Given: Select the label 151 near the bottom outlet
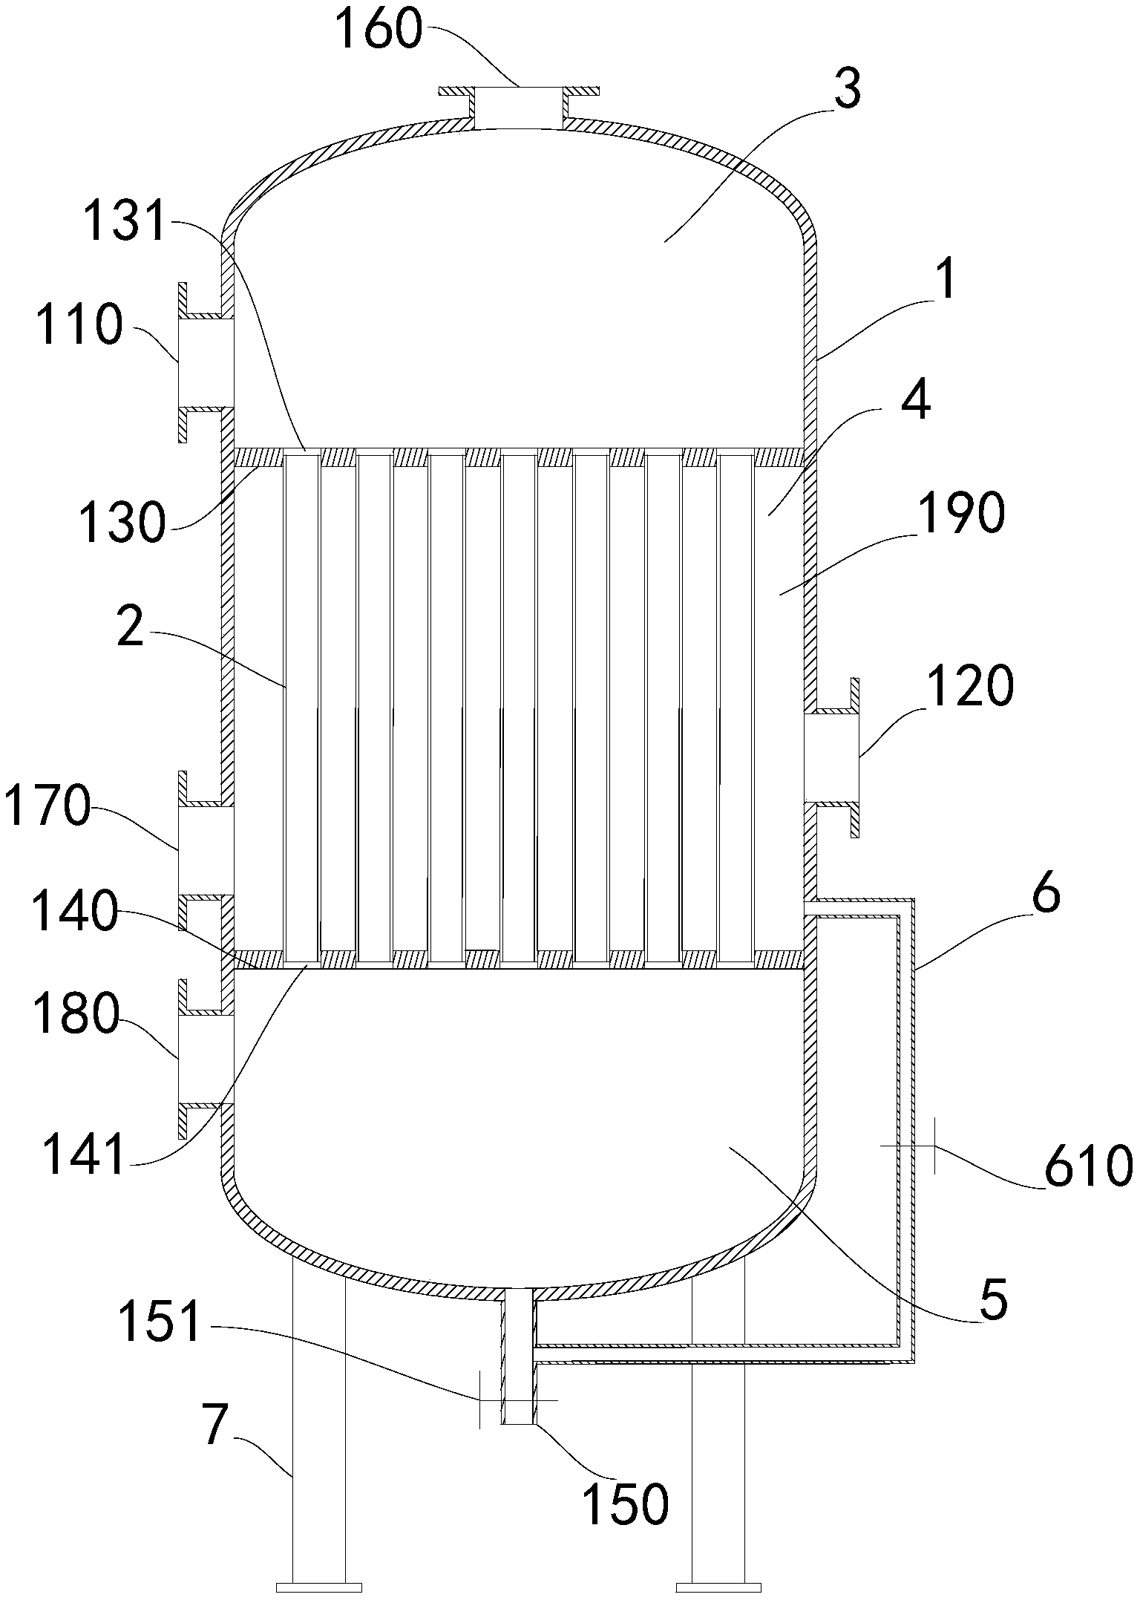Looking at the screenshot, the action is tap(160, 1323).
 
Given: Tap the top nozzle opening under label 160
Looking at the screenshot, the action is tap(518, 105).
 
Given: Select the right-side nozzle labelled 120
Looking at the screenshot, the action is tap(831, 757).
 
